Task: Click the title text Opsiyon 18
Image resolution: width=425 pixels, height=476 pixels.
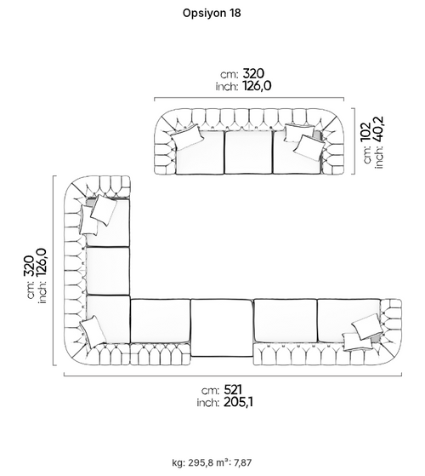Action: pos(212,13)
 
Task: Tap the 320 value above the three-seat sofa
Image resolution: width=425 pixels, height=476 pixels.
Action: pos(253,73)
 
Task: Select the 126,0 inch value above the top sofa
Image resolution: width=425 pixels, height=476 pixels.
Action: pos(257,86)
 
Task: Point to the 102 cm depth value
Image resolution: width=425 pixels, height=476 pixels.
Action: pos(365,131)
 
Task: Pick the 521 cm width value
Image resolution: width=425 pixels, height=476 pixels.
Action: pos(233,389)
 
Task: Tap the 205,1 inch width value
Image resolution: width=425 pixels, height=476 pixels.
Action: pos(238,402)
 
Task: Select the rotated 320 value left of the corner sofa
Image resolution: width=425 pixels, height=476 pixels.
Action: pos(29,266)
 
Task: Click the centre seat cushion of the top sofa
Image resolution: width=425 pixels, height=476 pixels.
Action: pos(248,152)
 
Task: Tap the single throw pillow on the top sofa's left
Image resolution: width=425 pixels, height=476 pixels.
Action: pos(186,137)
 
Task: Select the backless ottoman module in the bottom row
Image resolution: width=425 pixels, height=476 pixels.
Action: pos(222,328)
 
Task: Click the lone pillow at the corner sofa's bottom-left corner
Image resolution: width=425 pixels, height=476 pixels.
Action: pos(93,331)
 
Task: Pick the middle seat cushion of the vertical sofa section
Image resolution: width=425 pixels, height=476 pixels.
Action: pos(108,271)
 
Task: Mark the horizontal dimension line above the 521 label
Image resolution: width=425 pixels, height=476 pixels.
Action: pos(233,376)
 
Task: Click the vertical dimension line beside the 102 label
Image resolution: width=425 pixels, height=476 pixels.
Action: pos(354,141)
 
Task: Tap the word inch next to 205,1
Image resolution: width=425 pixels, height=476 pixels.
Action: pos(207,403)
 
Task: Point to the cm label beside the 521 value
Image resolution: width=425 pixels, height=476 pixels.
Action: pos(210,391)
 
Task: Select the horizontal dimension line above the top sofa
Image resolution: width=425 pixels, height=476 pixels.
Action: pos(249,98)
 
